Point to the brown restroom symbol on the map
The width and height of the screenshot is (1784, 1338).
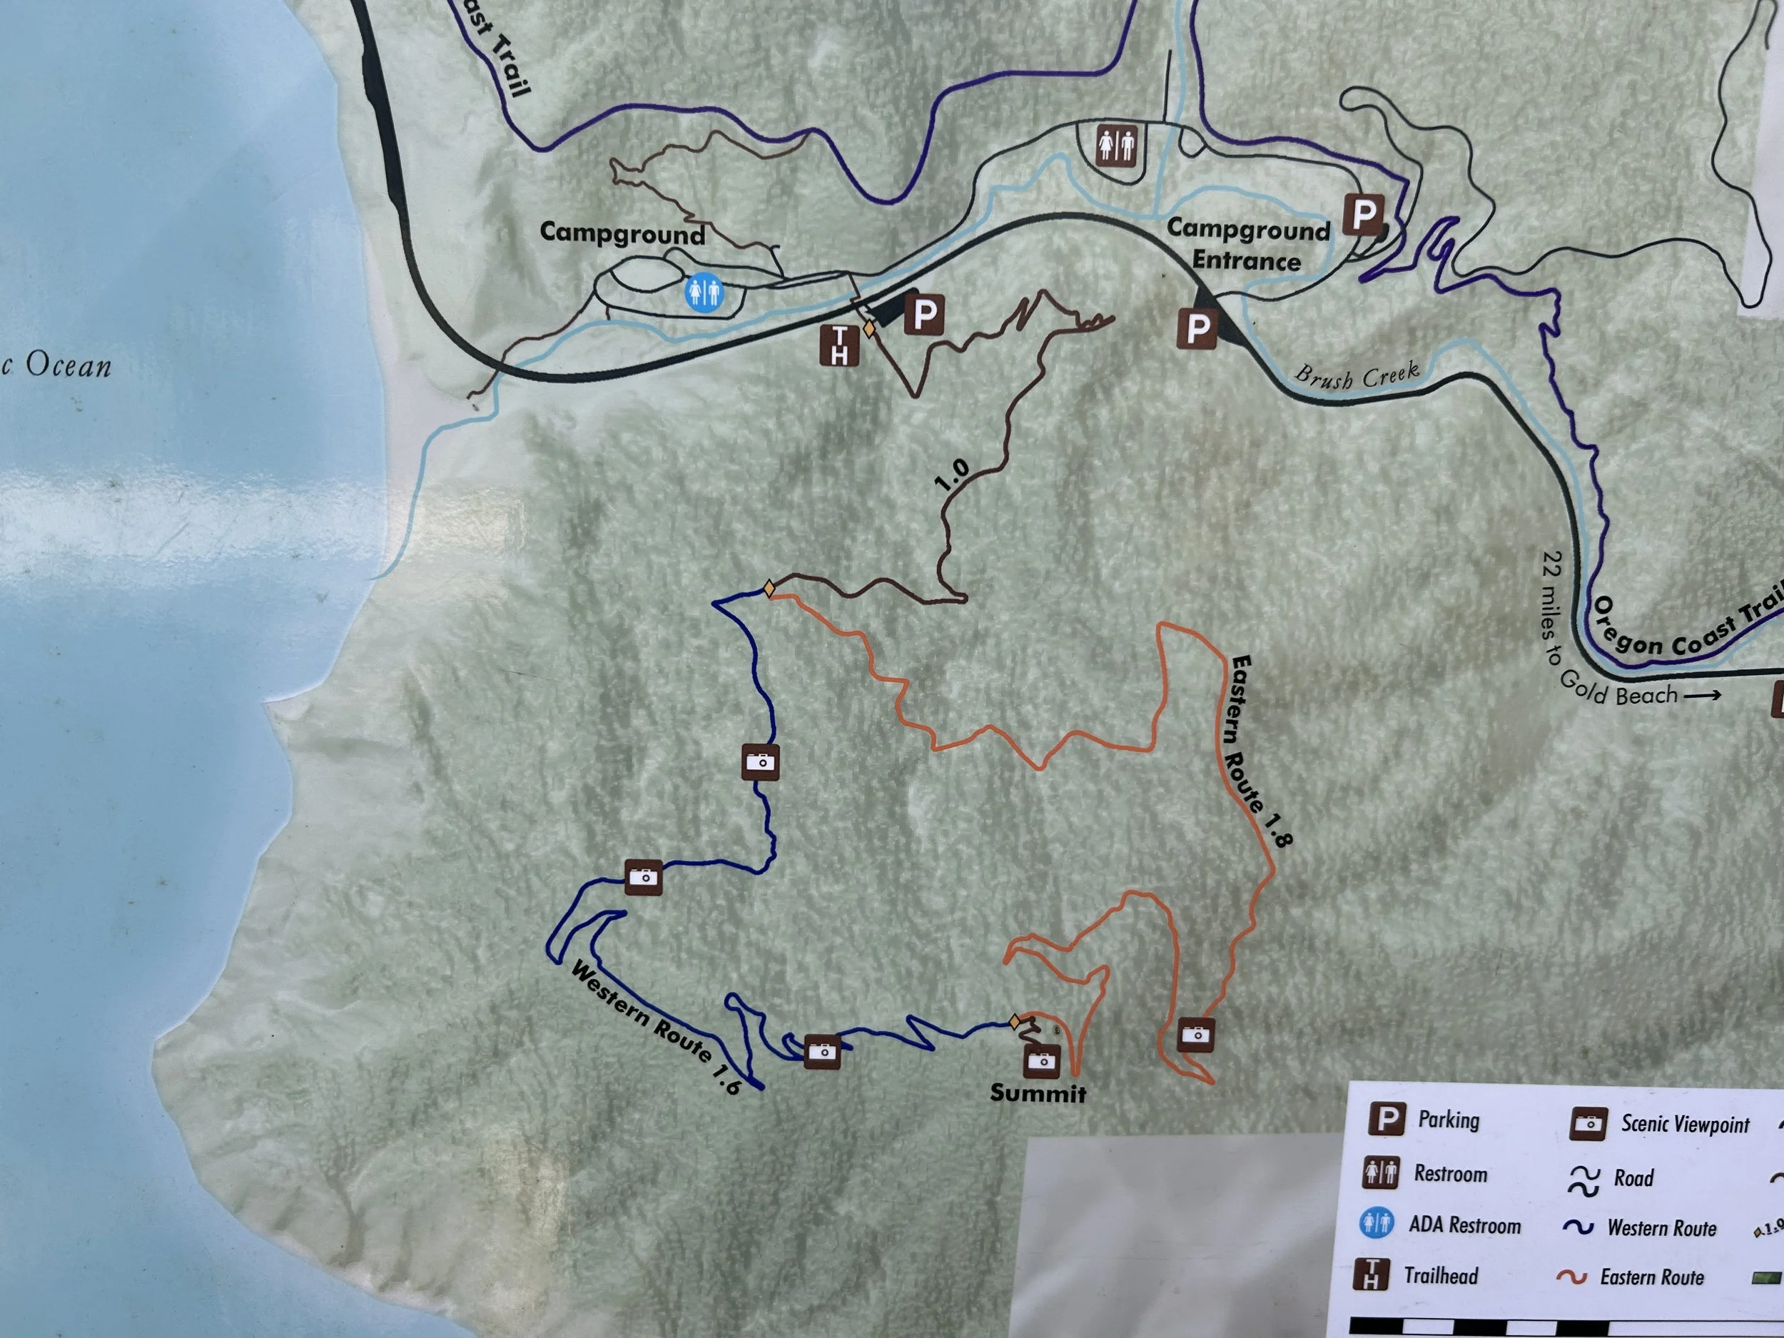(1116, 146)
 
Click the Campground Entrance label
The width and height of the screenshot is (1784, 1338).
(1247, 245)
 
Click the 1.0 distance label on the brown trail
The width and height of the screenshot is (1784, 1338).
(953, 476)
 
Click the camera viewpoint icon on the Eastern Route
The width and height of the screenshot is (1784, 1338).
(1195, 1034)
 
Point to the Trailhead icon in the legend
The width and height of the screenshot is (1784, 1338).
(1370, 1274)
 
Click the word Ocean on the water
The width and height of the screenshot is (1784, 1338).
(68, 366)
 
